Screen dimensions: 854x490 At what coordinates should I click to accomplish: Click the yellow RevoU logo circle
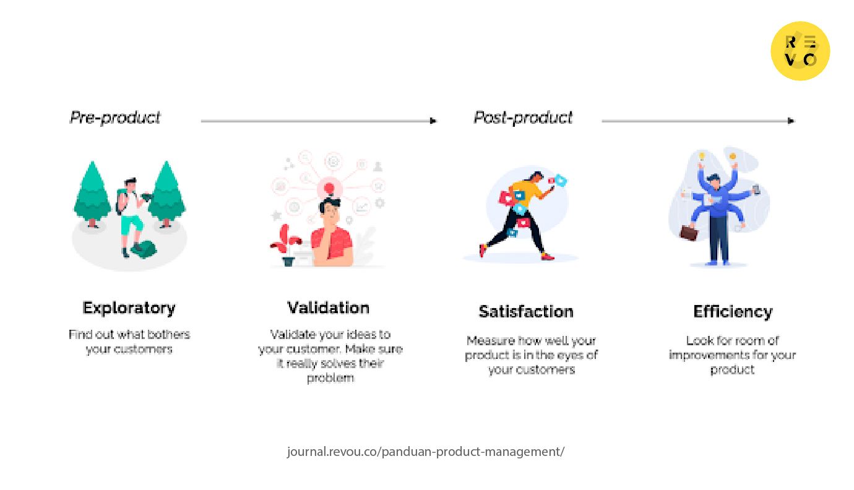pyautogui.click(x=800, y=51)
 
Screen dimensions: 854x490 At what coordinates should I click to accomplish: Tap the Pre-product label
pyautogui.click(x=114, y=118)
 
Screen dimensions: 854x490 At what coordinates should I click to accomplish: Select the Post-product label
pyautogui.click(x=523, y=118)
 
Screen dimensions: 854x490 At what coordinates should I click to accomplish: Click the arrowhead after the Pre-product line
pyautogui.click(x=433, y=121)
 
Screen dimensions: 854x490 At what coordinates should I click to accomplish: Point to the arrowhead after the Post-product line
pyautogui.click(x=791, y=121)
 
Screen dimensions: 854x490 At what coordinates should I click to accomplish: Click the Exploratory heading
pyautogui.click(x=129, y=308)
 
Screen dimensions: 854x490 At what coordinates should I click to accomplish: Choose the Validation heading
pyautogui.click(x=328, y=308)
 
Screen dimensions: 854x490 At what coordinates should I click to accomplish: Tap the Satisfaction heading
pyautogui.click(x=526, y=312)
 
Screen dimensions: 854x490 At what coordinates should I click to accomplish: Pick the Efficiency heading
pyautogui.click(x=733, y=312)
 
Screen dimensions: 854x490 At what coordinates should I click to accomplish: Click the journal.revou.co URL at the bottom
pyautogui.click(x=426, y=452)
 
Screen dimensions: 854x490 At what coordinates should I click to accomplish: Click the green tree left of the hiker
pyautogui.click(x=92, y=194)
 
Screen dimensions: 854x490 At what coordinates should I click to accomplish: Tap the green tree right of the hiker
pyautogui.click(x=166, y=194)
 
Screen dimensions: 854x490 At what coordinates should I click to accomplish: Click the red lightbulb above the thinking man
pyautogui.click(x=329, y=188)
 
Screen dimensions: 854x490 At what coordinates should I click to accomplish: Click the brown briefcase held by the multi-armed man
pyautogui.click(x=689, y=233)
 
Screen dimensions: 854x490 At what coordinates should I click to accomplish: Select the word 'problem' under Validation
pyautogui.click(x=330, y=378)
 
